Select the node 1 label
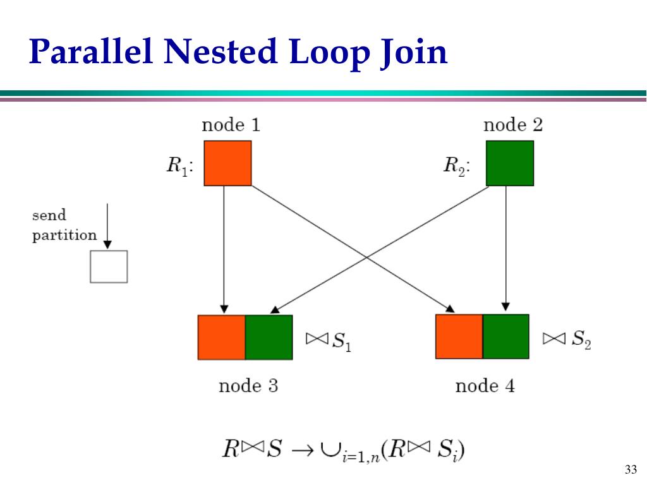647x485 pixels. (231, 125)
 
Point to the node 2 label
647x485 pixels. (512, 125)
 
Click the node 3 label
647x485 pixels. (248, 385)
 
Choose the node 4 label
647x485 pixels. (485, 385)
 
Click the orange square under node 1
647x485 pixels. (227, 163)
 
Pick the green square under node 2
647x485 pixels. (509, 163)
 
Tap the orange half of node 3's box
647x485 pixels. (221, 337)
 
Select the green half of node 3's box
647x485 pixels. (269, 337)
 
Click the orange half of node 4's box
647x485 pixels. (459, 337)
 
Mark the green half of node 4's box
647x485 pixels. (505, 337)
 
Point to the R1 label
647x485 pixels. (180, 166)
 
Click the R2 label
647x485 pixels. (456, 166)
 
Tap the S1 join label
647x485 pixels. (329, 341)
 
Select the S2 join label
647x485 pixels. (567, 340)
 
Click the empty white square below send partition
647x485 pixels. (109, 266)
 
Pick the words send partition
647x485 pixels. (64, 225)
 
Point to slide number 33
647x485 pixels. (629, 469)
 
